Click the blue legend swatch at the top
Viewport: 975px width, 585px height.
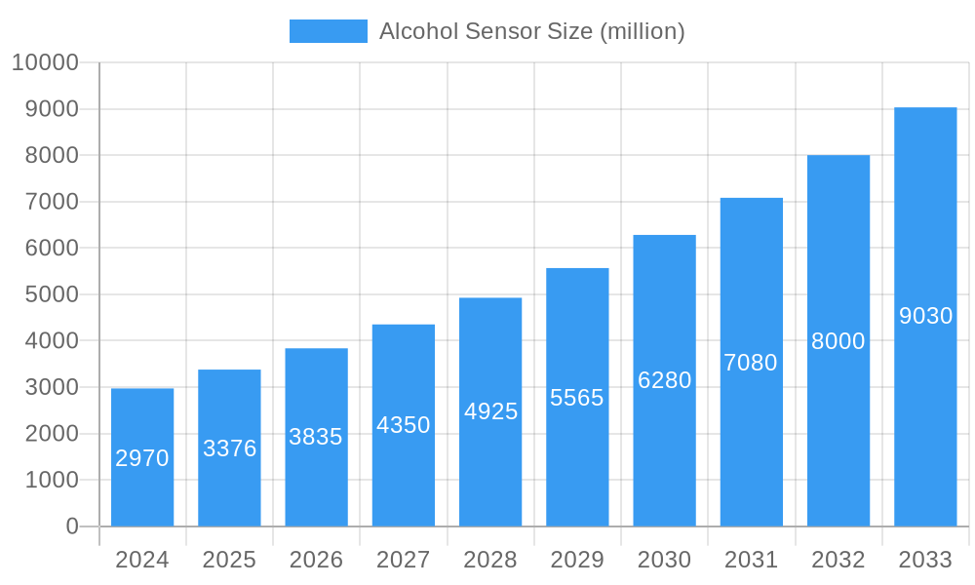(x=329, y=31)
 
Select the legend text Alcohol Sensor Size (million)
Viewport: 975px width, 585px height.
(x=531, y=31)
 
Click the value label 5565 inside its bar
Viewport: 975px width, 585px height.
(x=577, y=398)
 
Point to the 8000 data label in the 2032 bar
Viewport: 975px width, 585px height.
(x=838, y=341)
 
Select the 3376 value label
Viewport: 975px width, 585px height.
(x=229, y=448)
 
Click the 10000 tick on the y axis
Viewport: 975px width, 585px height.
(x=45, y=62)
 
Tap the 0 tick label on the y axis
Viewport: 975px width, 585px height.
(x=71, y=526)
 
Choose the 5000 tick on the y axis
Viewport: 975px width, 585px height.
(x=52, y=294)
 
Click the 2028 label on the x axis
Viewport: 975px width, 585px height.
(x=490, y=560)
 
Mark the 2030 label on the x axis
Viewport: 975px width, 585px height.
(x=664, y=560)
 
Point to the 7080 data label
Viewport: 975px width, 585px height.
(x=751, y=363)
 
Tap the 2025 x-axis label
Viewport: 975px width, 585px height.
(x=229, y=560)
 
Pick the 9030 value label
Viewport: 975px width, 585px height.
(x=925, y=316)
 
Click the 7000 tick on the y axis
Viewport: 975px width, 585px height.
(x=52, y=202)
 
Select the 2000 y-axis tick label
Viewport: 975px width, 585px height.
(x=52, y=434)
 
